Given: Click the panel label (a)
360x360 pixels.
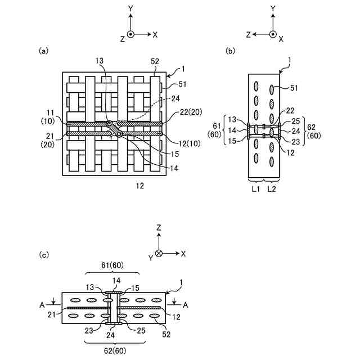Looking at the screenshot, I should tap(43, 51).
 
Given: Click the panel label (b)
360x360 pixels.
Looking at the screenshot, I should tap(230, 51).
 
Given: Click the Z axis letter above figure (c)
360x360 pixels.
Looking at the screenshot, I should tap(159, 228).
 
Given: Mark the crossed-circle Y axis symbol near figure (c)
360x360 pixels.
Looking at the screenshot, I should tap(159, 254).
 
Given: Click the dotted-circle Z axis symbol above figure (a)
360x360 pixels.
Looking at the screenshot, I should tap(130, 34).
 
